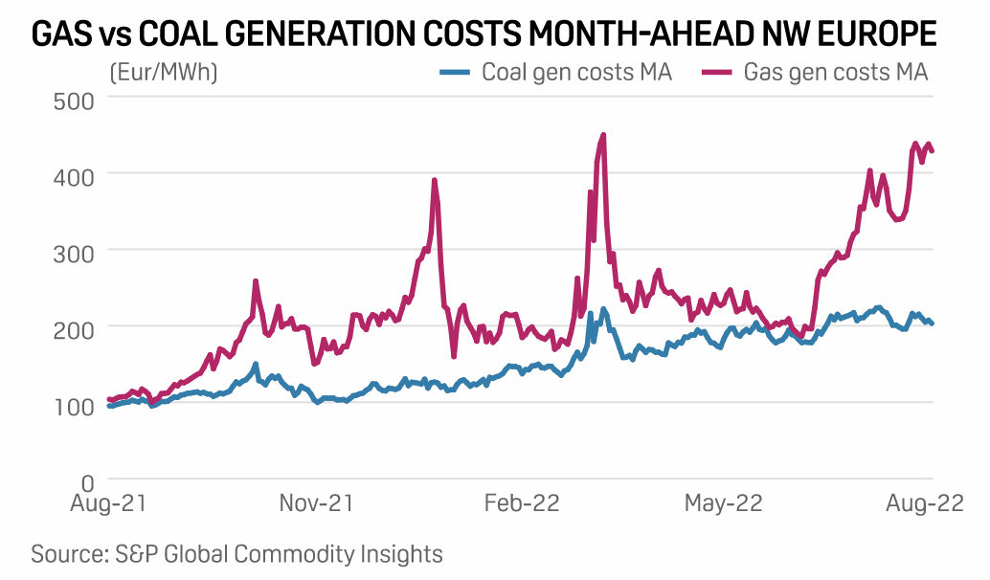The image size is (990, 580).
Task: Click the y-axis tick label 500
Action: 72,99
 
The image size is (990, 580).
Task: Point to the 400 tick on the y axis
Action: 72,175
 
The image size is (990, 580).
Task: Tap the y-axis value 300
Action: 72,251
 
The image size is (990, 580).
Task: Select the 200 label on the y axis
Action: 72,327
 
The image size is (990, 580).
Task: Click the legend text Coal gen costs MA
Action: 576,73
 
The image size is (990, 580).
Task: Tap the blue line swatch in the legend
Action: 454,73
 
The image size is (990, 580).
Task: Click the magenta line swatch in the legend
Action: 715,73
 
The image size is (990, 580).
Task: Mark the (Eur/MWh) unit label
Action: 164,73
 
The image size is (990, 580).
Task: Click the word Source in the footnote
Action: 69,553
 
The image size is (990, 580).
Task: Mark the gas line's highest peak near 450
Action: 603,135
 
